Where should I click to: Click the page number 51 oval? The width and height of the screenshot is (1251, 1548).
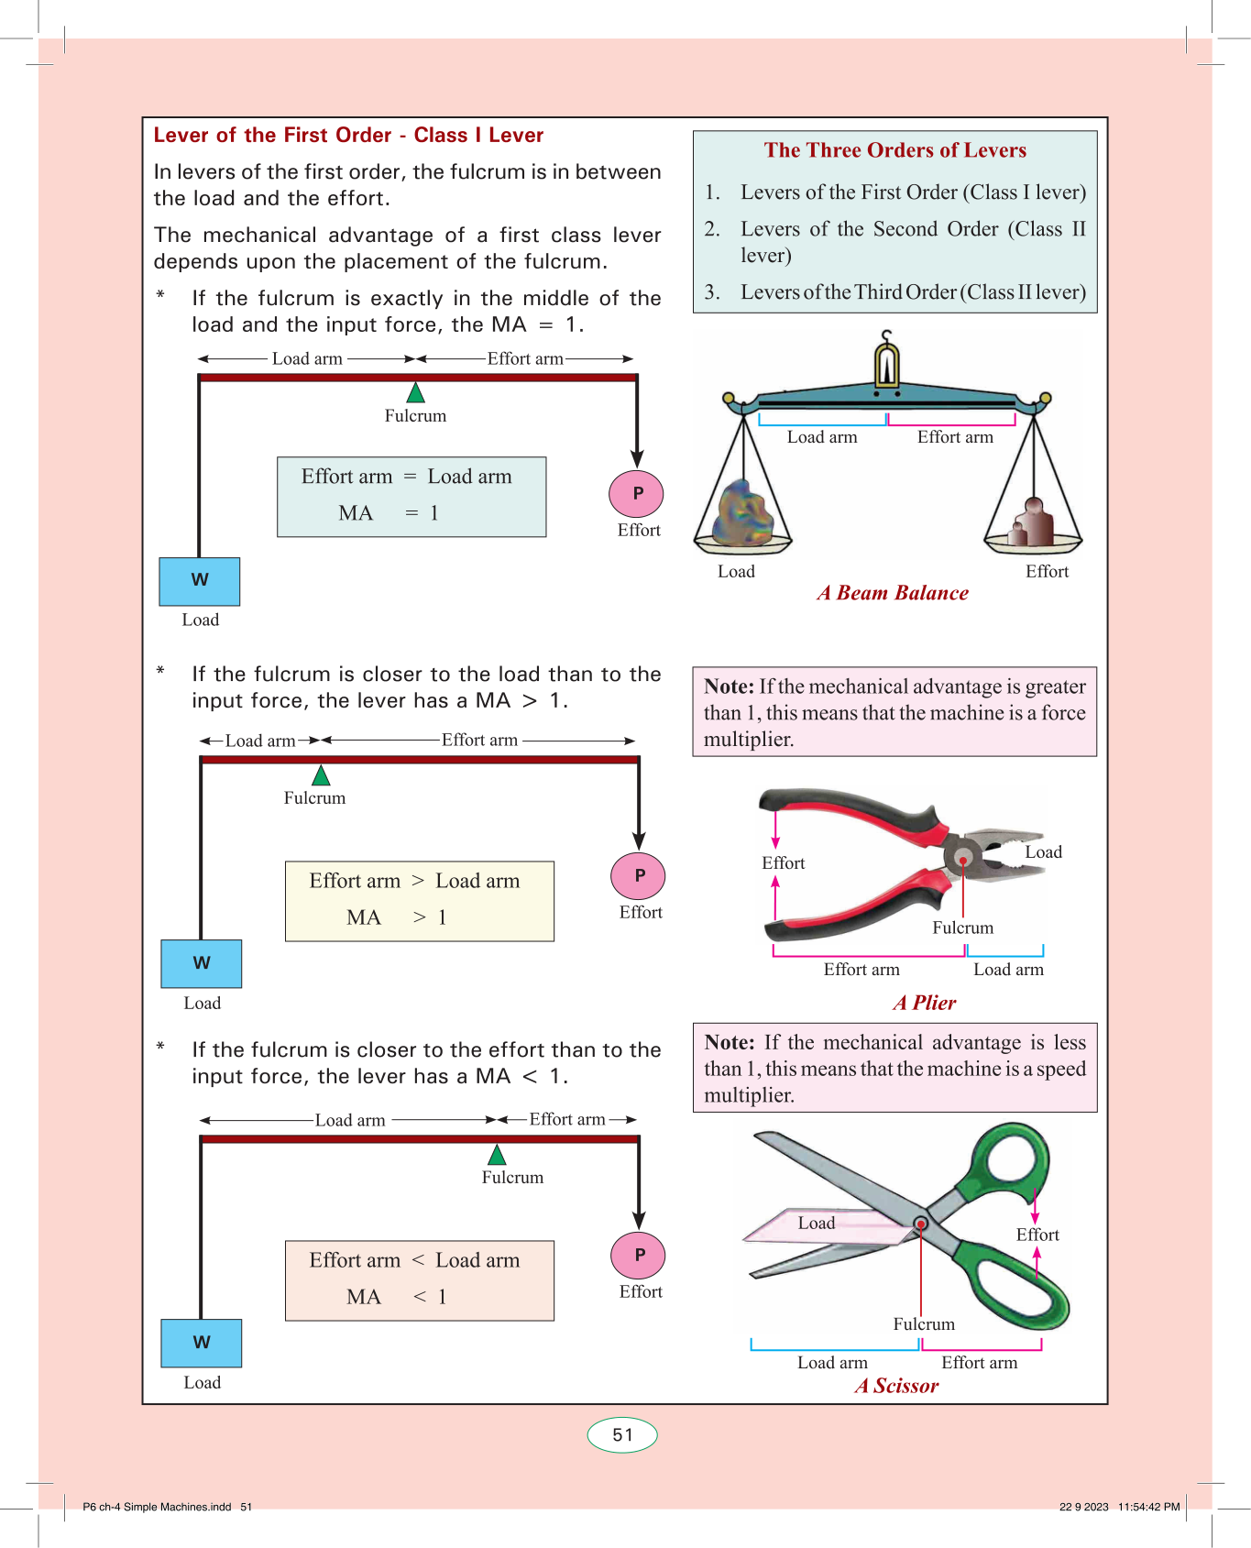(622, 1435)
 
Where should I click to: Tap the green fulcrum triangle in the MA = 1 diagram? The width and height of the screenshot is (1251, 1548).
(416, 394)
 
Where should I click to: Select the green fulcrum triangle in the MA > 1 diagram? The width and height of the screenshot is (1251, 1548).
(321, 776)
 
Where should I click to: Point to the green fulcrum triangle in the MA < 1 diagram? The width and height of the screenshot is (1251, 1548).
(497, 1155)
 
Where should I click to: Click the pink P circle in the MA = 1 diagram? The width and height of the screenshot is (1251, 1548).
(637, 493)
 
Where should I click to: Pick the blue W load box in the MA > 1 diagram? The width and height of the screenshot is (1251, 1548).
(202, 963)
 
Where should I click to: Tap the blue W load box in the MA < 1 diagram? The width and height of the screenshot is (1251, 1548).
(202, 1343)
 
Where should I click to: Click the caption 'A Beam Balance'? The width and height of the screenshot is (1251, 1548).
(893, 593)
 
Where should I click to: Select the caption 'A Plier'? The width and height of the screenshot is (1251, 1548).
(925, 1003)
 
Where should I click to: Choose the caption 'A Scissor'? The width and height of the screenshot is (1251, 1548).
(896, 1386)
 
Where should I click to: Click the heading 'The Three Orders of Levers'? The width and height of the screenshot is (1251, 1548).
(895, 150)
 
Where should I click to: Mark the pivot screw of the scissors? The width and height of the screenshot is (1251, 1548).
(921, 1224)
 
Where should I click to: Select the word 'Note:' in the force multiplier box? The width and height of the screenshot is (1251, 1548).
(730, 686)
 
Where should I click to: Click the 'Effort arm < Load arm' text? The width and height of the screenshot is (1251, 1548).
(414, 1260)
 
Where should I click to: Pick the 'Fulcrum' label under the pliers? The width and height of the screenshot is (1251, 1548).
(962, 928)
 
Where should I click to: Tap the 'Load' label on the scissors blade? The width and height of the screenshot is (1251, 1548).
(816, 1223)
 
